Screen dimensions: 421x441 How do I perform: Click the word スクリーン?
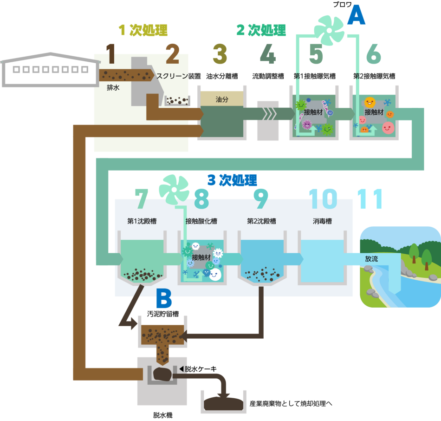point(172,76)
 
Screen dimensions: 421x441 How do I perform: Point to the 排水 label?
point(113,87)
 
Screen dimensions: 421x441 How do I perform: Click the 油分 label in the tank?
point(222,99)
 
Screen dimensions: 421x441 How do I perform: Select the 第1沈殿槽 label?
point(142,221)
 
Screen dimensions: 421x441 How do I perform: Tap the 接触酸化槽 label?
point(201,221)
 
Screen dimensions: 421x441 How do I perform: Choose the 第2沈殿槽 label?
point(261,221)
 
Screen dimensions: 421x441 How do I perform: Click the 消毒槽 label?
point(322,221)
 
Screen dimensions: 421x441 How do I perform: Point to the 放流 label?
point(371,259)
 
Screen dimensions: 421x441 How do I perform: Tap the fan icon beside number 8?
point(174,188)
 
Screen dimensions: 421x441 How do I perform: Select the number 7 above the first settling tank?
point(141,199)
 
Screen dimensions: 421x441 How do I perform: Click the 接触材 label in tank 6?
point(374,112)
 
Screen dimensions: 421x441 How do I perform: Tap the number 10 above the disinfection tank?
point(323,199)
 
